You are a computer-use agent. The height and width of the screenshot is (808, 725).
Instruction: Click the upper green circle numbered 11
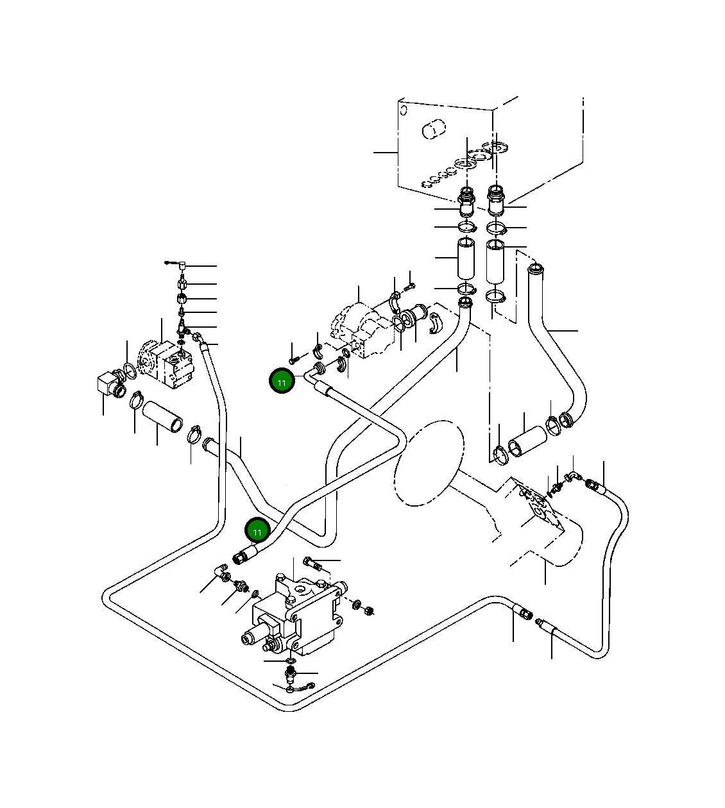[282, 380]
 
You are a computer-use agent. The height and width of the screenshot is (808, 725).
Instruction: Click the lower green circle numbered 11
[258, 530]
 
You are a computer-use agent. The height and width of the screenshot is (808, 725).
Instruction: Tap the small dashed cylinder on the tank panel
[434, 129]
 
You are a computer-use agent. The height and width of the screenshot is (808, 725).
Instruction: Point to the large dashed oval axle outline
[429, 464]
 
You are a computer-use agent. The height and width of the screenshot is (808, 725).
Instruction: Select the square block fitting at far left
[107, 383]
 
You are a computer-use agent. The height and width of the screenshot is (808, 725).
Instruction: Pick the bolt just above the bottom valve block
[312, 564]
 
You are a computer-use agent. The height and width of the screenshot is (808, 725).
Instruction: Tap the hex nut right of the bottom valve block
[369, 610]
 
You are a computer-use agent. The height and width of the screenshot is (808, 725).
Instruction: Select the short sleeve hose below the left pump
[162, 417]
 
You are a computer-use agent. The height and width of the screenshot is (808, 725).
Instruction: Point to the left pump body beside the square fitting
[166, 364]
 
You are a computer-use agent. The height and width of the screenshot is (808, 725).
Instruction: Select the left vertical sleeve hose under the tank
[466, 258]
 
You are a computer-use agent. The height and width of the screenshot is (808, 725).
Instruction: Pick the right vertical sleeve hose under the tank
[495, 262]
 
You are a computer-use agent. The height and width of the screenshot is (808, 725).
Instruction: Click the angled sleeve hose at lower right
[527, 442]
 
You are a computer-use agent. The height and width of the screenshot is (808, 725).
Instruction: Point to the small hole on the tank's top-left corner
[404, 110]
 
